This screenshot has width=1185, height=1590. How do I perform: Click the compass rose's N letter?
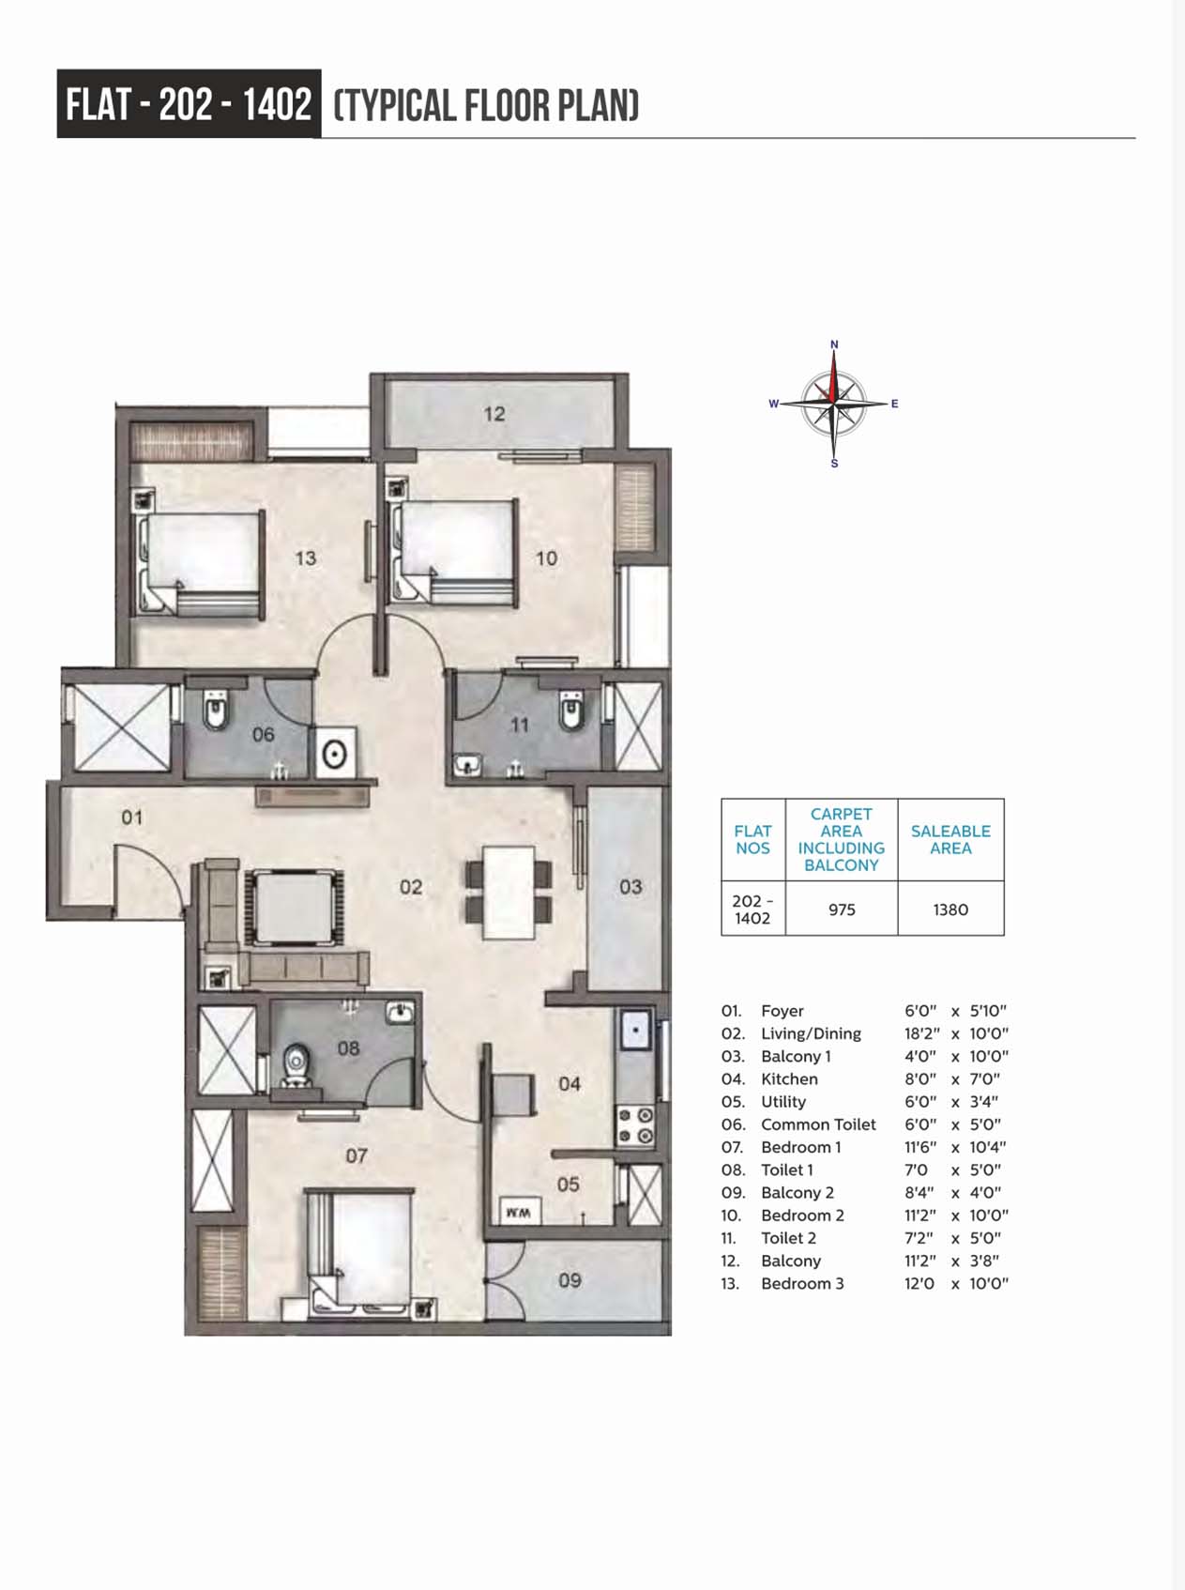(834, 344)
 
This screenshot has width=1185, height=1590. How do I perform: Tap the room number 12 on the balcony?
(494, 413)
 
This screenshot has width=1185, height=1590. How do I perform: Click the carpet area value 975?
(842, 910)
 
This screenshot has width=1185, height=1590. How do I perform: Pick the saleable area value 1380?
(950, 910)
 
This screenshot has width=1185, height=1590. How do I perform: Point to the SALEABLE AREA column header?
(950, 839)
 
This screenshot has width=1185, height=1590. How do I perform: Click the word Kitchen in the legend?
(789, 1079)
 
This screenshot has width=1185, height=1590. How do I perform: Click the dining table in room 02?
(509, 892)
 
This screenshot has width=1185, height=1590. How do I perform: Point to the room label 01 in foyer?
(132, 818)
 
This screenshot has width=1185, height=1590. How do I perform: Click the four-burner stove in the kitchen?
(635, 1125)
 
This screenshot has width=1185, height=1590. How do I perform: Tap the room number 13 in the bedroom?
(306, 558)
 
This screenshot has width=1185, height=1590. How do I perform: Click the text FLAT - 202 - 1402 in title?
(189, 103)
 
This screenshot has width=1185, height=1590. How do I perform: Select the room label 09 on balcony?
(570, 1280)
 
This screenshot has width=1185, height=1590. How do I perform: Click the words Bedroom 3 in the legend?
(802, 1283)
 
